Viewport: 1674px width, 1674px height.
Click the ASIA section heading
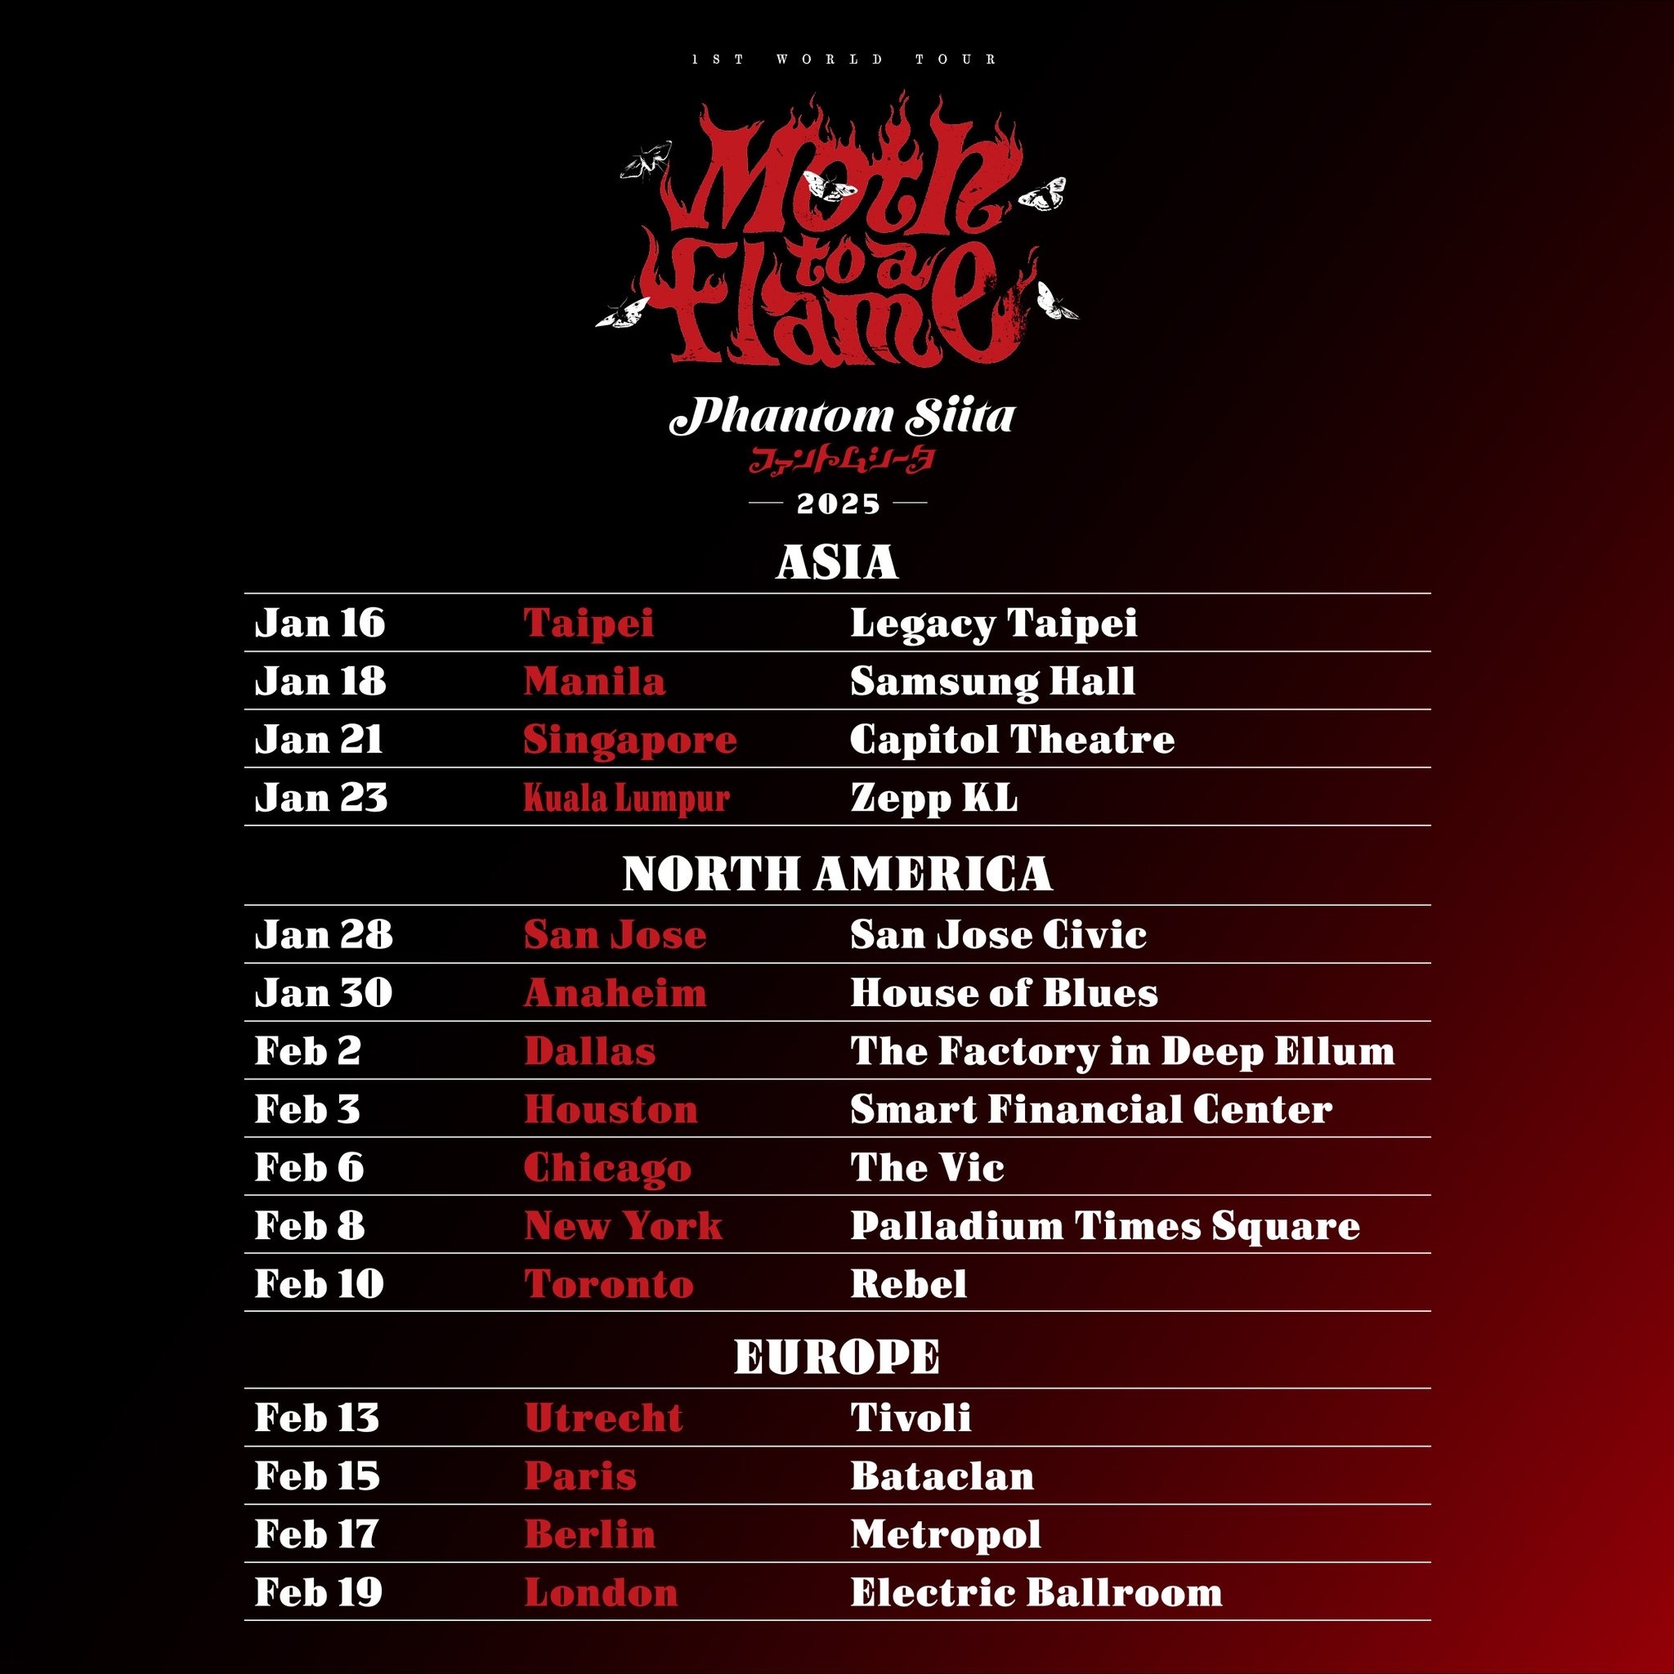tap(837, 562)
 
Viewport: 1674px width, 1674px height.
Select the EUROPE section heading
tap(837, 1356)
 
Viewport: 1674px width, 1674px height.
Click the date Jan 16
tap(320, 623)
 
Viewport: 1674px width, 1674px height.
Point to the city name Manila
tap(594, 681)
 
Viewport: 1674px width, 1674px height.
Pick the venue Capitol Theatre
tap(1012, 739)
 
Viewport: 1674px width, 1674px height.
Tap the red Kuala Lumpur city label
tap(626, 798)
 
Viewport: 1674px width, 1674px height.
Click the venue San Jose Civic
tap(998, 934)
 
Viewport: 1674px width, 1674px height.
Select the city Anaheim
tap(615, 993)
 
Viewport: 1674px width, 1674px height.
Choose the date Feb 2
tap(307, 1051)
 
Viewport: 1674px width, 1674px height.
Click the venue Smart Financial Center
tap(1091, 1109)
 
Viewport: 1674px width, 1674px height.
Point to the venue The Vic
tap(927, 1167)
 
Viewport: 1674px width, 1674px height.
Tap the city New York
tap(623, 1225)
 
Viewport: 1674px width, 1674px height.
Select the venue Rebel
tap(908, 1284)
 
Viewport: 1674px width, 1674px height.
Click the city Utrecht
tap(603, 1417)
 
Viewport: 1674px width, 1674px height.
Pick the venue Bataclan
tap(942, 1475)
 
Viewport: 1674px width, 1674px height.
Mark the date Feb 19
tap(318, 1591)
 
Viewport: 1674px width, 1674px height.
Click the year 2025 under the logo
tap(838, 504)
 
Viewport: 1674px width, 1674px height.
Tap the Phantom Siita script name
tap(841, 417)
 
